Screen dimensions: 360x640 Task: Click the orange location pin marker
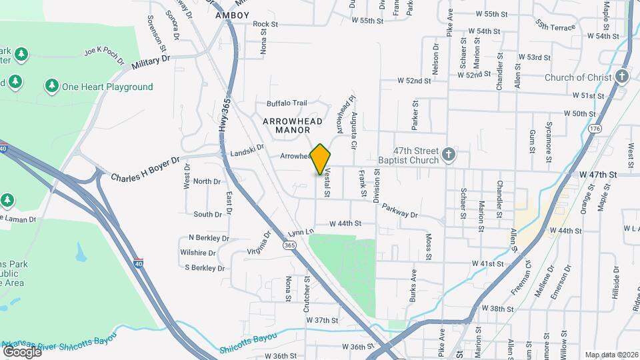[x=321, y=159]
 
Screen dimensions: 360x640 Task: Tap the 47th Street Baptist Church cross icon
[x=449, y=155]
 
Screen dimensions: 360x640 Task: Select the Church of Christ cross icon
[x=622, y=76]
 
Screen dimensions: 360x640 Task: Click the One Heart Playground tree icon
[x=51, y=86]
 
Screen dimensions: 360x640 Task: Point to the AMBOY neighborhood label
[x=233, y=15]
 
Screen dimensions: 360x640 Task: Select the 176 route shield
[x=595, y=128]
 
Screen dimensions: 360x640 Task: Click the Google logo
[x=22, y=351]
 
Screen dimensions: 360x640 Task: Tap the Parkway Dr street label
[x=400, y=210]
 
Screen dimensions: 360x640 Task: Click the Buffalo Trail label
[x=287, y=103]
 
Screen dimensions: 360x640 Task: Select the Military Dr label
[x=151, y=62]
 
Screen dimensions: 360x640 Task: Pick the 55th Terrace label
[x=555, y=25]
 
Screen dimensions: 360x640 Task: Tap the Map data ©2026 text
[x=611, y=355]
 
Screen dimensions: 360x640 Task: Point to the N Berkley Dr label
[x=209, y=237]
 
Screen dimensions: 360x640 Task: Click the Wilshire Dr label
[x=198, y=253]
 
